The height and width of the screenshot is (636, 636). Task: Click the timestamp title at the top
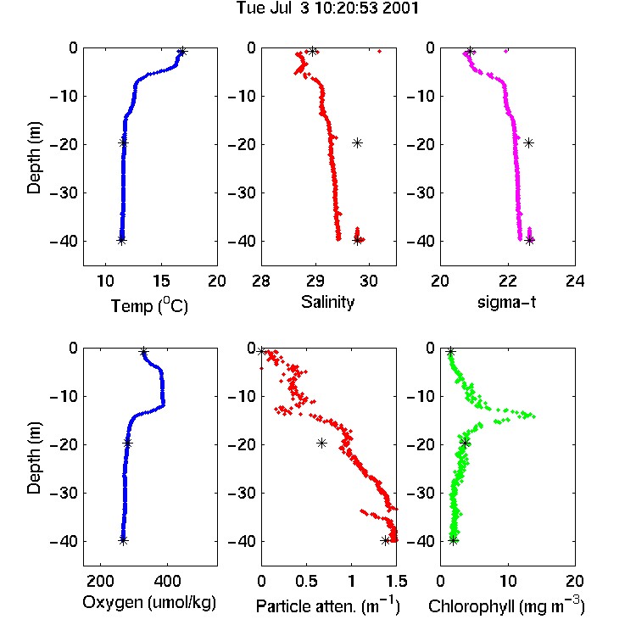(x=327, y=8)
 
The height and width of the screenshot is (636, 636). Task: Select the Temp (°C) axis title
(x=149, y=305)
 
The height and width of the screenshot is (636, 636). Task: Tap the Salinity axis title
(x=327, y=302)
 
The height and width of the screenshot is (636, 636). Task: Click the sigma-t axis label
(x=506, y=302)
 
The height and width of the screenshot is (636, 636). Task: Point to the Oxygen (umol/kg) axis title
(x=149, y=602)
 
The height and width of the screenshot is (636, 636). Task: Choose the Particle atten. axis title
(x=327, y=606)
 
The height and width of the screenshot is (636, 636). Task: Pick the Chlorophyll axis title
(x=506, y=606)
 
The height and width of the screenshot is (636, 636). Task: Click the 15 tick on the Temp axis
(x=161, y=281)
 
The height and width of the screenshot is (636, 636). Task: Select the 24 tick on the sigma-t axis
(x=575, y=281)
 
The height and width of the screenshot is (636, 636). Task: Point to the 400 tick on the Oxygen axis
(x=167, y=581)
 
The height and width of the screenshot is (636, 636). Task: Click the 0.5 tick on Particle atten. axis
(x=306, y=581)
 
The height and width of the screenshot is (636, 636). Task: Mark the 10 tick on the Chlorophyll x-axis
(x=508, y=581)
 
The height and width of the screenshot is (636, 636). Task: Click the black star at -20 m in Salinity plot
(x=357, y=142)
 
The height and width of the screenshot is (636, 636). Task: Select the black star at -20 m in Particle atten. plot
(x=321, y=444)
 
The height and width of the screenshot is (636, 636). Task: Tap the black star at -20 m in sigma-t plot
(x=528, y=142)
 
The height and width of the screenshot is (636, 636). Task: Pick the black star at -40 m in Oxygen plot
(x=123, y=540)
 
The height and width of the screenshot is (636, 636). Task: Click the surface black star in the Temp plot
(x=182, y=52)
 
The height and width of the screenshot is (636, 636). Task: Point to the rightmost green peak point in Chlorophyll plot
(x=533, y=416)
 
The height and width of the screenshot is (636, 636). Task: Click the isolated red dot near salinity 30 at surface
(x=380, y=51)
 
